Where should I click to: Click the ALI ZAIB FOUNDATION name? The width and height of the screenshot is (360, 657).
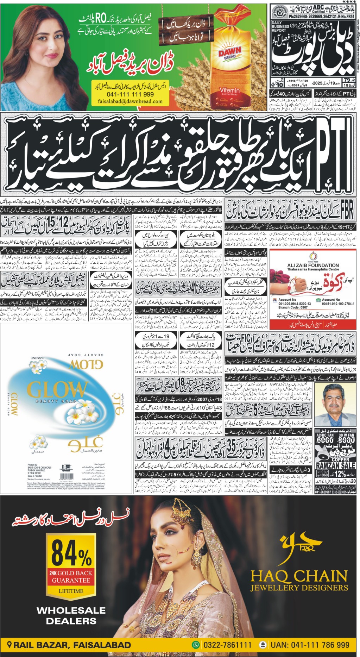[313, 265]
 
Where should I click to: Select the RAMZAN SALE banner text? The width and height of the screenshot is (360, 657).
[335, 465]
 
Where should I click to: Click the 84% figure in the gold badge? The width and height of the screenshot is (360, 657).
[71, 552]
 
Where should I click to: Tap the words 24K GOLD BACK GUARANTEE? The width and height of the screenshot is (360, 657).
[71, 576]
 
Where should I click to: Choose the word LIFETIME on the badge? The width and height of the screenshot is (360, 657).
[71, 591]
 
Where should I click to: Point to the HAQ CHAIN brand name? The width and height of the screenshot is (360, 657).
[299, 576]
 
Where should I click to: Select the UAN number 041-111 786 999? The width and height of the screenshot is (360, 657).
[310, 645]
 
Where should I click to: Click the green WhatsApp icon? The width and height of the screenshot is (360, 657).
[196, 645]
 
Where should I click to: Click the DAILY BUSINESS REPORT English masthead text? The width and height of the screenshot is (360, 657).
[280, 26]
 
